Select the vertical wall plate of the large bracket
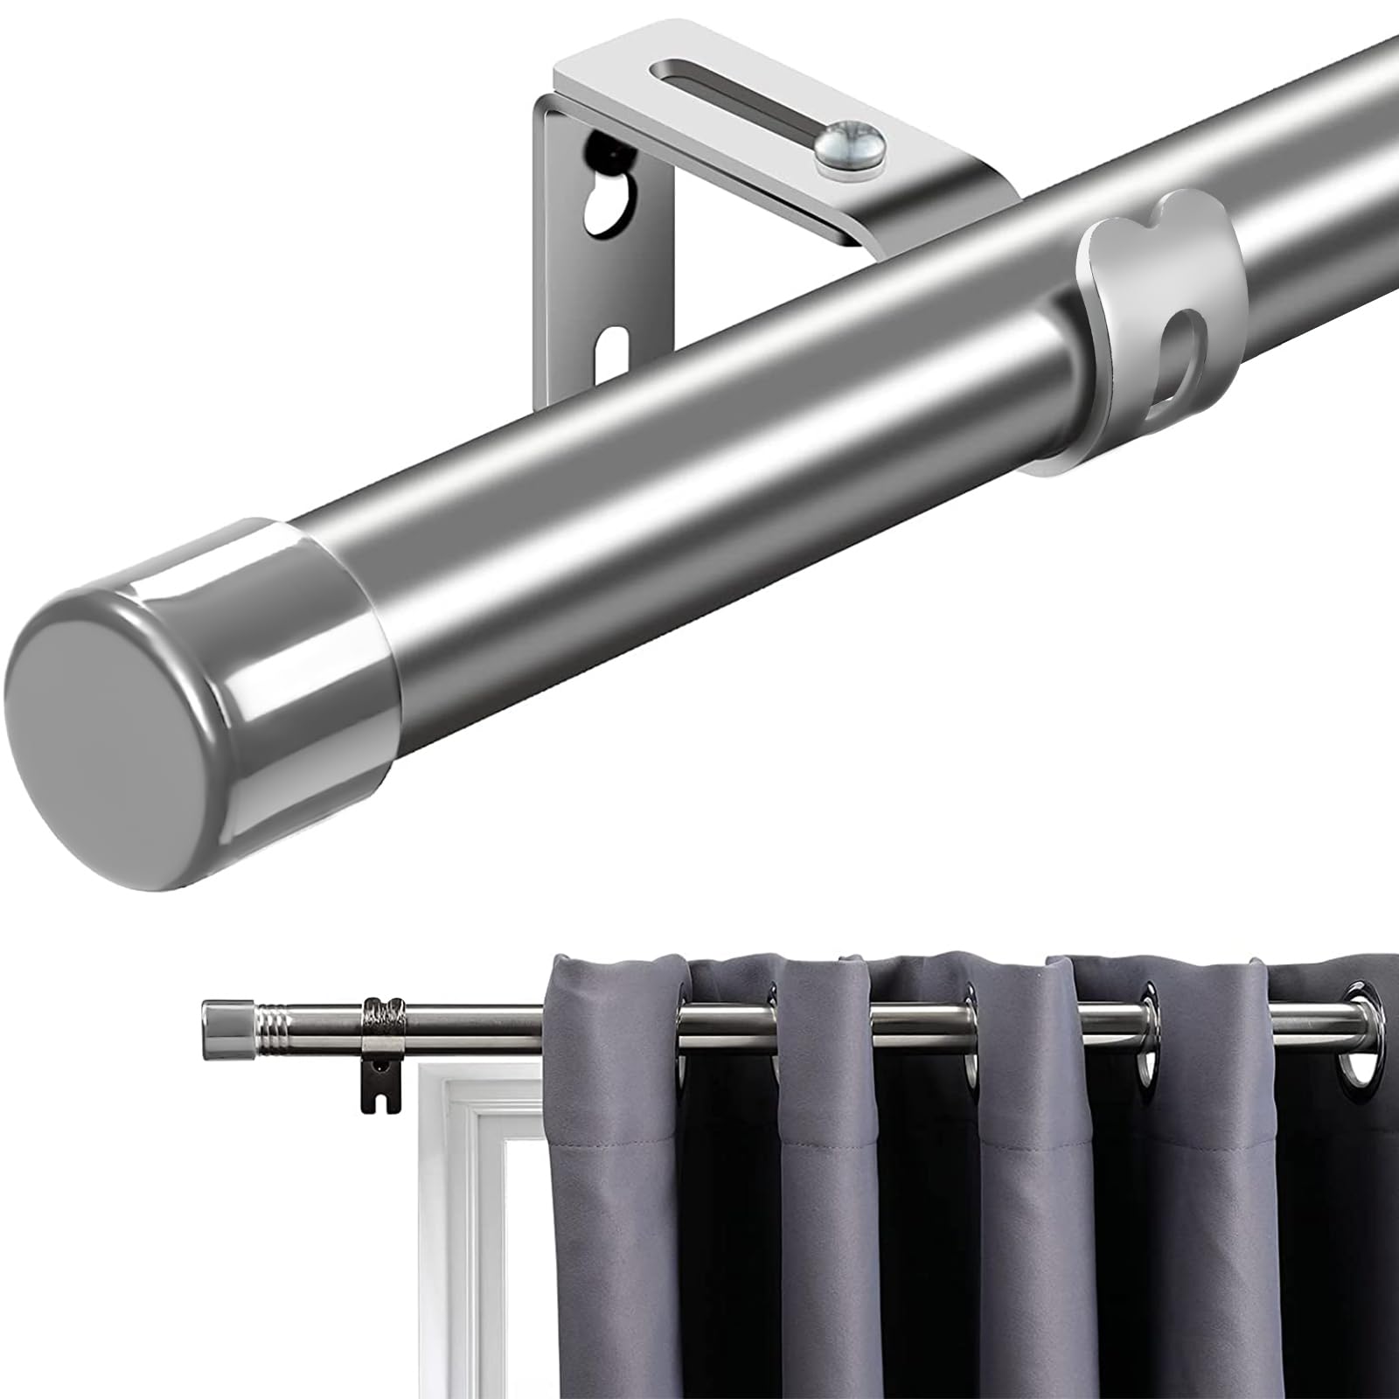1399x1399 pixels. click(568, 262)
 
